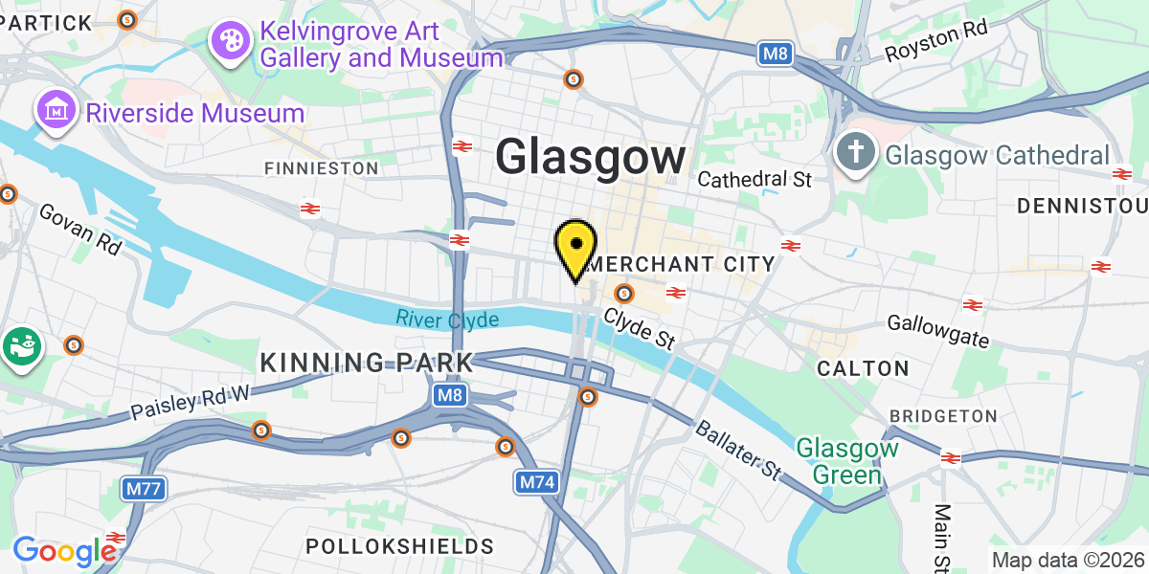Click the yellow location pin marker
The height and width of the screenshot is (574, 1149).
click(575, 248)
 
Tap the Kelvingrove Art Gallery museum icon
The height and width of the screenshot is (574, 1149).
click(231, 41)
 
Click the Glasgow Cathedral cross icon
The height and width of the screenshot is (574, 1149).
click(855, 153)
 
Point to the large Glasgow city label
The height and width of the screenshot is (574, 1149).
click(591, 158)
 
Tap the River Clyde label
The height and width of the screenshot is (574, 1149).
click(447, 319)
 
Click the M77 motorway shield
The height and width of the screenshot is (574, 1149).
click(145, 489)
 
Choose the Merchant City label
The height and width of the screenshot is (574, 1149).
click(680, 264)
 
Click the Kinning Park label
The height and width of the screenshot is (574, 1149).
click(368, 363)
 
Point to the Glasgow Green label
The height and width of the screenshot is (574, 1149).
click(847, 460)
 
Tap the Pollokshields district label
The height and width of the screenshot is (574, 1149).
click(400, 546)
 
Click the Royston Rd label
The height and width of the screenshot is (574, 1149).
click(935, 42)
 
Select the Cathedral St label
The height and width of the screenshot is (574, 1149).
click(755, 179)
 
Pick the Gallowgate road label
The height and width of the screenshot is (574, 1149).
click(938, 331)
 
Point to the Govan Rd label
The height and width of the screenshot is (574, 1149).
click(80, 229)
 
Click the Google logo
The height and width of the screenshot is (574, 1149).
click(64, 550)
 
